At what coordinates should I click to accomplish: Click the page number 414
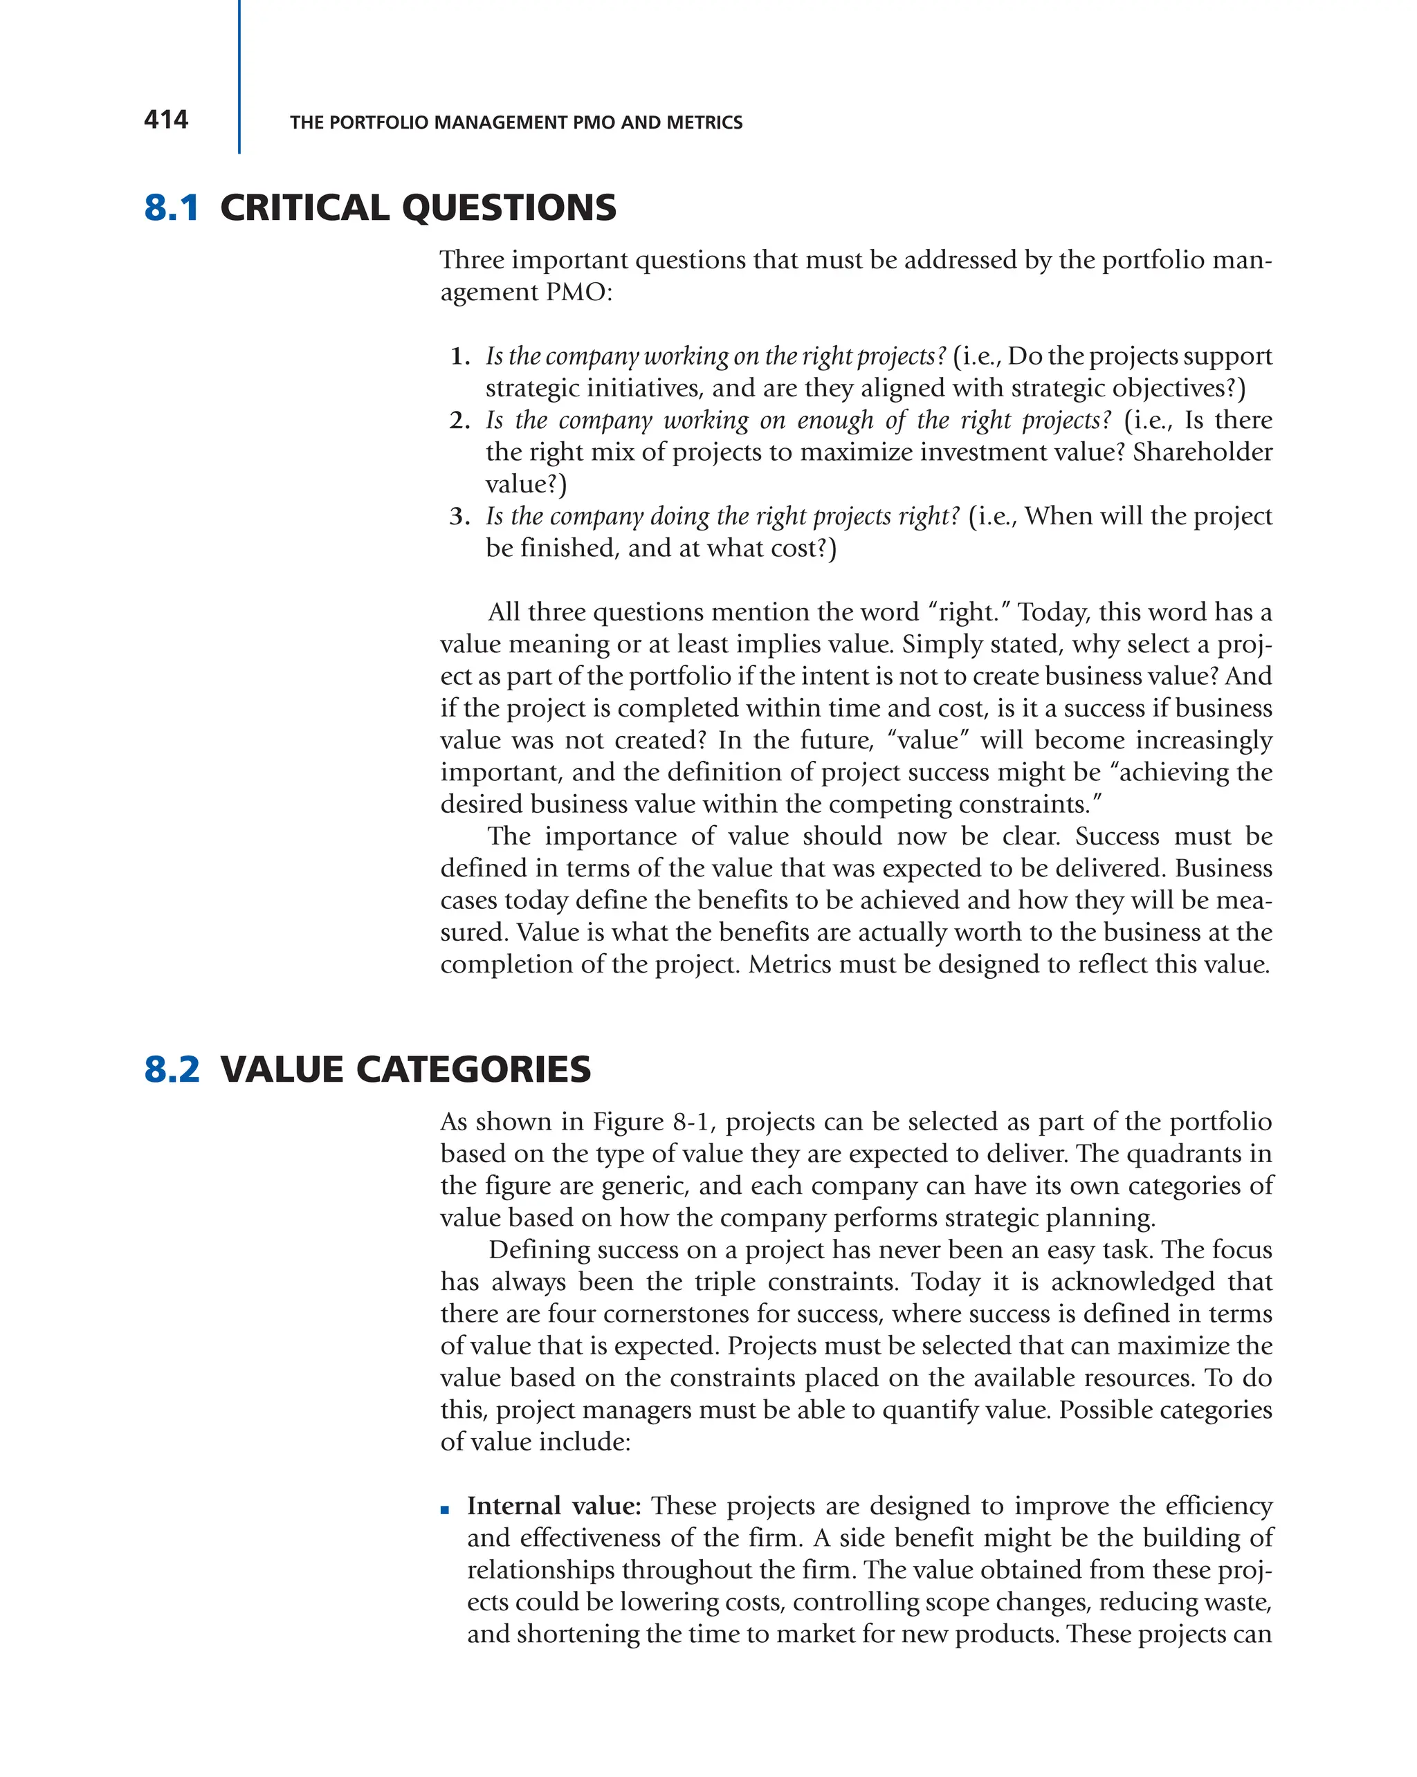tap(165, 120)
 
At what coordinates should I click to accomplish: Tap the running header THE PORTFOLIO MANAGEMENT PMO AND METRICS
tap(516, 123)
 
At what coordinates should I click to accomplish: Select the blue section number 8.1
tap(172, 208)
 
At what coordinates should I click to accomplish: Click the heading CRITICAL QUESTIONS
tap(418, 208)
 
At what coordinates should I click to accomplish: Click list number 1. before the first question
tap(460, 357)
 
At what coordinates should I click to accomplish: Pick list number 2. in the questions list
tap(459, 421)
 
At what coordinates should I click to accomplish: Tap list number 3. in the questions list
tap(459, 517)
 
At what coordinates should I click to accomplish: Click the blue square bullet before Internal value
tap(445, 1510)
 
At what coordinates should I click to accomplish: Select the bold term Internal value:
tap(554, 1506)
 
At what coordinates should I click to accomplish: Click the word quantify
tap(931, 1410)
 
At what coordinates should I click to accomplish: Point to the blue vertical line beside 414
tap(239, 77)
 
